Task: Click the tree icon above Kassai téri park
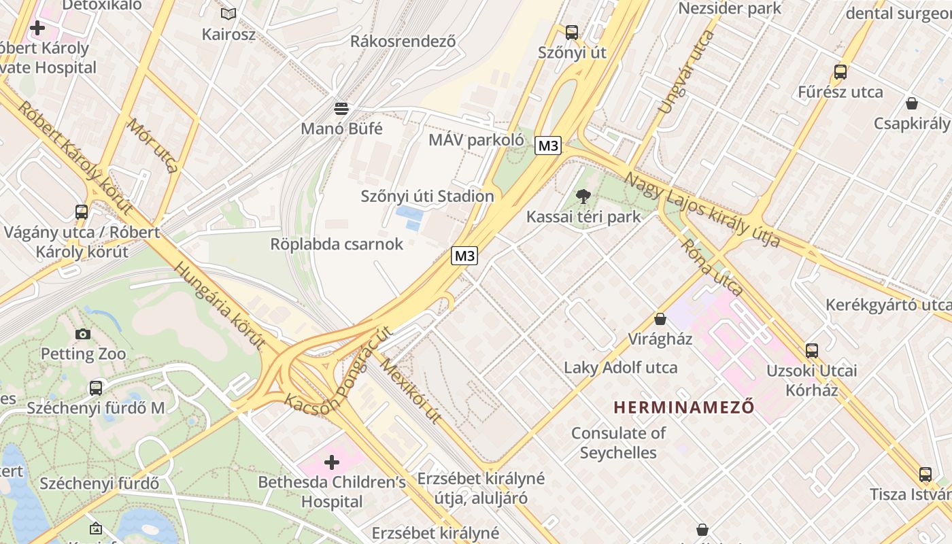click(583, 197)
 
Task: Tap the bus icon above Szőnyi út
click(571, 32)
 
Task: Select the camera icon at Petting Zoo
click(83, 334)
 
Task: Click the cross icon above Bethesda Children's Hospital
click(331, 463)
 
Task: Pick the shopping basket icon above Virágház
click(660, 319)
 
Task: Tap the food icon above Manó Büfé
click(341, 108)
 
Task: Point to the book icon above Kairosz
click(228, 14)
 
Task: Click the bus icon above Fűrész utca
click(840, 71)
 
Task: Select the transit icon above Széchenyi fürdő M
click(96, 388)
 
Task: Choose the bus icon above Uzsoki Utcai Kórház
click(811, 351)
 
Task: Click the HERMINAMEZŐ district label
click(684, 407)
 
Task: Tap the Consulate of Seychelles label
click(618, 443)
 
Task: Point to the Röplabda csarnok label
click(337, 244)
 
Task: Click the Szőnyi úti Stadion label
click(427, 197)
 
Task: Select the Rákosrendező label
click(403, 41)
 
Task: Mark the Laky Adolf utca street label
click(620, 368)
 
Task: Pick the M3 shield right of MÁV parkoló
click(547, 146)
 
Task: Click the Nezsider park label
click(730, 9)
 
